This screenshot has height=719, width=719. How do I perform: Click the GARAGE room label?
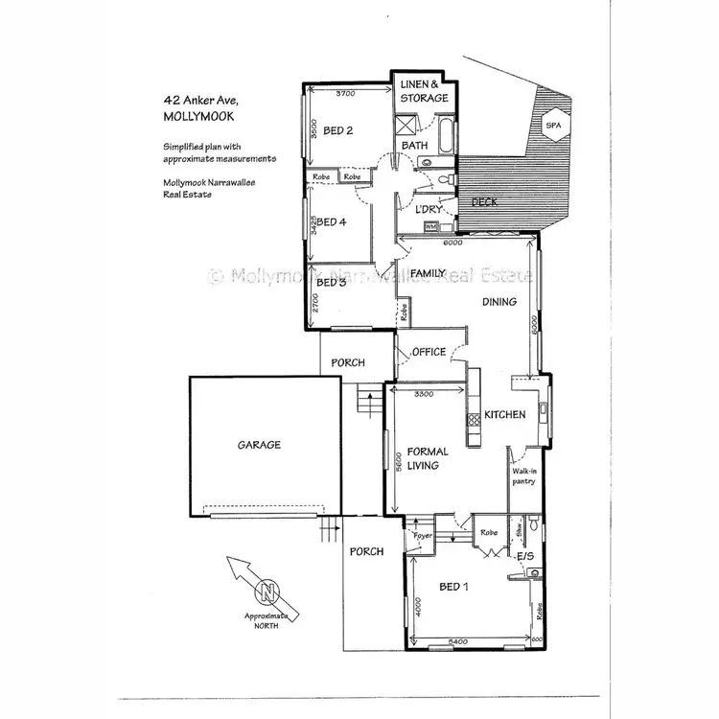tap(259, 445)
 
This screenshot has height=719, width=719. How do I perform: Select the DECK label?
tap(484, 202)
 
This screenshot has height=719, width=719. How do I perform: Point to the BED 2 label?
tap(338, 131)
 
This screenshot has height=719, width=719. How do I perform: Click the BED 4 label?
tap(331, 222)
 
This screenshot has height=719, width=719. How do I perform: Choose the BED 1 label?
tap(453, 587)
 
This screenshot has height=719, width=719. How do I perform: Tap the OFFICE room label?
tap(429, 352)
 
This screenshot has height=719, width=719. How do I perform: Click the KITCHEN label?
tap(504, 415)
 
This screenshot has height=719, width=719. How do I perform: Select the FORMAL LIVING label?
tap(423, 458)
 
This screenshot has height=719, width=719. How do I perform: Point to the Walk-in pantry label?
tap(523, 476)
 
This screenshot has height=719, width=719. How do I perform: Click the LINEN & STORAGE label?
tap(424, 92)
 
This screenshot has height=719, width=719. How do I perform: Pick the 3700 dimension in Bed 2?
tap(344, 94)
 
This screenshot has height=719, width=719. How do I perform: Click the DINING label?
tap(499, 302)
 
